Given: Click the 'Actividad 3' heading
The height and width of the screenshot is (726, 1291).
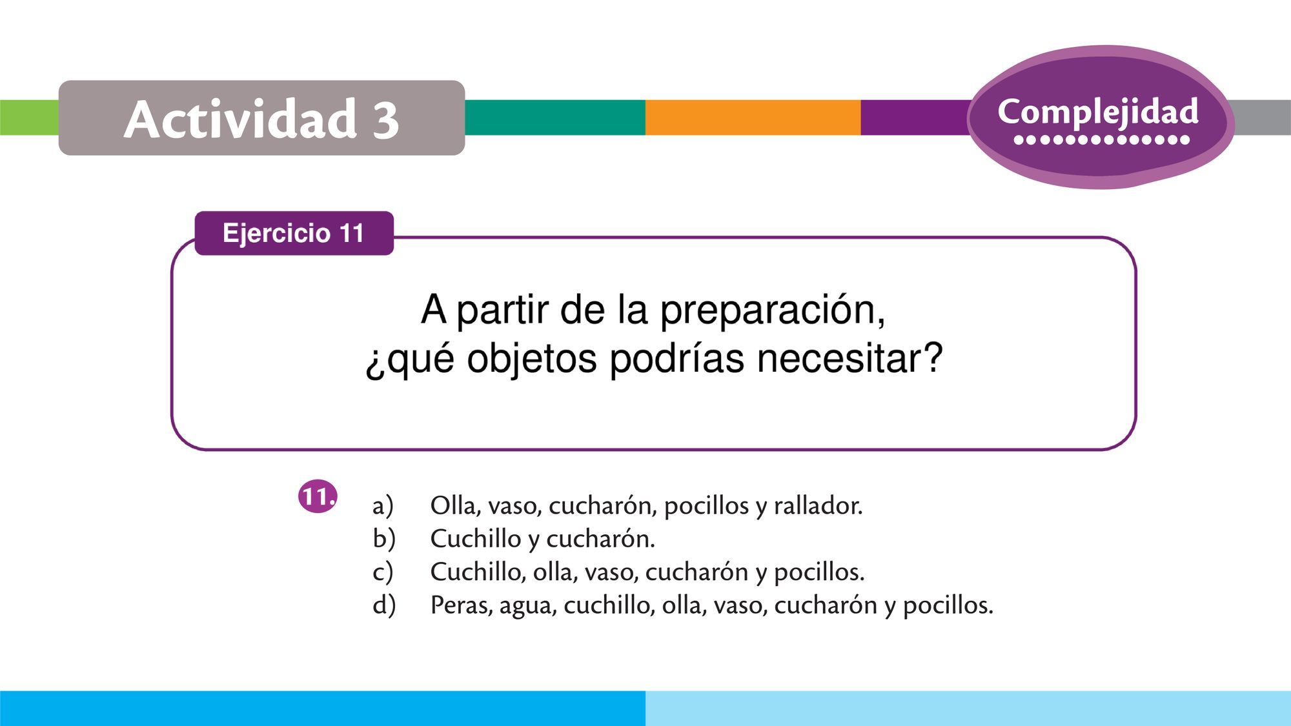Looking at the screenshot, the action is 261,119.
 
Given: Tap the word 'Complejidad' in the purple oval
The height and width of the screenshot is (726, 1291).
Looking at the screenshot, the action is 1098,112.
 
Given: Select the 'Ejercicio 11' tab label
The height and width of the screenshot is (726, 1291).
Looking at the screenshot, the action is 294,233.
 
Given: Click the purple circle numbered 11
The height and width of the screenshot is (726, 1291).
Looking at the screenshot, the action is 318,497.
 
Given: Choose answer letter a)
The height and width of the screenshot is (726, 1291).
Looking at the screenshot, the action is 383,505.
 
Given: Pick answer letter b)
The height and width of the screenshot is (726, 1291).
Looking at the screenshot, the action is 383,538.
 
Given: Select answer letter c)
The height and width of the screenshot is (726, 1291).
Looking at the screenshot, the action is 382,572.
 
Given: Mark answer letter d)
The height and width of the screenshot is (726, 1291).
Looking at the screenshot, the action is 384,605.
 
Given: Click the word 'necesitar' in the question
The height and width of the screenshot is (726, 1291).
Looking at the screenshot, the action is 849,358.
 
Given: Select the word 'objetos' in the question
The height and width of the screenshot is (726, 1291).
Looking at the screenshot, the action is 532,359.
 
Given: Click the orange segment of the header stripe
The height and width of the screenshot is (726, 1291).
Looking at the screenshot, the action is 753,117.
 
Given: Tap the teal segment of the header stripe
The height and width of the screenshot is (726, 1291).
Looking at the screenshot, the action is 555,117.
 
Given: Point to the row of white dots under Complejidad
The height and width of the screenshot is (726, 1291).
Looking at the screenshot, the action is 1102,139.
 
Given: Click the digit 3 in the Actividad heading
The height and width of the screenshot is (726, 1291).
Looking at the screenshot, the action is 385,120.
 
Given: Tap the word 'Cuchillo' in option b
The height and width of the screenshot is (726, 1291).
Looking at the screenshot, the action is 475,538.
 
